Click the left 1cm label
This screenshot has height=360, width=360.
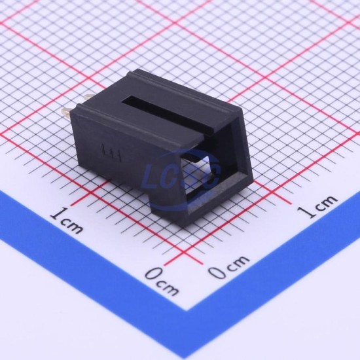[67, 220]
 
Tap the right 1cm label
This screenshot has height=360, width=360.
[318, 206]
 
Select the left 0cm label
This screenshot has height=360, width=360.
[162, 281]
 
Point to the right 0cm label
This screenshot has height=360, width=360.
[229, 267]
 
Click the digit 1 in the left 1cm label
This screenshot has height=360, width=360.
[58, 213]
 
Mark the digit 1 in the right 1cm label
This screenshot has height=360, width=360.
[306, 211]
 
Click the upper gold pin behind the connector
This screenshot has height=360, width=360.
[89, 98]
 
